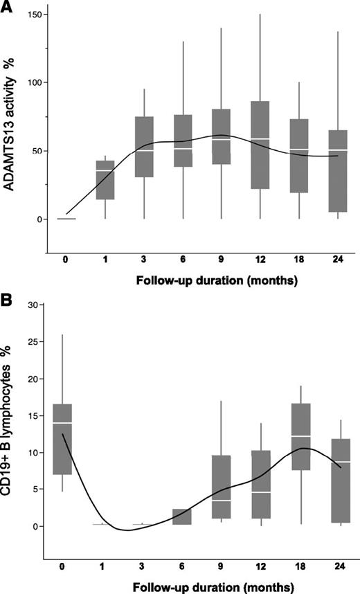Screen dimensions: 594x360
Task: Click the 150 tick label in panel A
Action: coord(32,15)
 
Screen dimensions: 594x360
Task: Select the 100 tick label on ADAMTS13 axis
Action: coord(32,83)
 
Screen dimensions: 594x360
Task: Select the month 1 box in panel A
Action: coord(105,180)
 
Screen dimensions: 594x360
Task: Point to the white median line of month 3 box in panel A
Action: coord(144,150)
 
